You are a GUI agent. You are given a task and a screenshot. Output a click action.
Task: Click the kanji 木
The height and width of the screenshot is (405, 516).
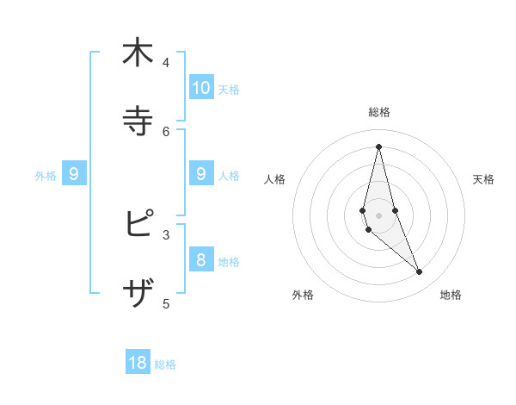138,53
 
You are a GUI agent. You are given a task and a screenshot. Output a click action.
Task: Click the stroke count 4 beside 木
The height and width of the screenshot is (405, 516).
166,63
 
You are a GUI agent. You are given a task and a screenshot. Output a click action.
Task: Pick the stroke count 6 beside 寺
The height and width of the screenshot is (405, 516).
166,131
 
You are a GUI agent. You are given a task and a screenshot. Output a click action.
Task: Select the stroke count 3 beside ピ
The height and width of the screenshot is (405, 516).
166,234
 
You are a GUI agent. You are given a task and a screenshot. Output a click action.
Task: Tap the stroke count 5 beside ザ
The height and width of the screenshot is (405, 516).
166,303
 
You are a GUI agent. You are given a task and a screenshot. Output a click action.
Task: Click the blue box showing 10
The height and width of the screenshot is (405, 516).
201,88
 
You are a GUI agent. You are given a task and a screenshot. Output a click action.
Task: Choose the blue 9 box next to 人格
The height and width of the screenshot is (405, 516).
201,174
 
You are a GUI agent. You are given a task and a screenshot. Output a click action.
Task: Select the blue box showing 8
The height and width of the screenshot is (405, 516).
201,259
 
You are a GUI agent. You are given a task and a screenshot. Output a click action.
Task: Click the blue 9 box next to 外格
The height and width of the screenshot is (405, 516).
74,174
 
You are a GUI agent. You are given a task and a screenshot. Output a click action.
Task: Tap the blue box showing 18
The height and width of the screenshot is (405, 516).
138,363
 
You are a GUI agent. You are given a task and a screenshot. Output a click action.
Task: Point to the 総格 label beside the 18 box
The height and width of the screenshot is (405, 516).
165,364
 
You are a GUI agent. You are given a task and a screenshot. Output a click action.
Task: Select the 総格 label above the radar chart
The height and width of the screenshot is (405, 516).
378,112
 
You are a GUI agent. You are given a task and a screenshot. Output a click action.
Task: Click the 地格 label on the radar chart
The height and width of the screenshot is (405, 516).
451,295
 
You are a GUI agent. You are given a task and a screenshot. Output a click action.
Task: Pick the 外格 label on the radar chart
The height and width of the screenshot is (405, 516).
303,295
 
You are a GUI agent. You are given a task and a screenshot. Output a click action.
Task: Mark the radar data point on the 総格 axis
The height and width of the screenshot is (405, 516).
378,146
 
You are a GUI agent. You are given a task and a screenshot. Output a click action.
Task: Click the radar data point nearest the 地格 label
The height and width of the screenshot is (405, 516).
419,272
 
